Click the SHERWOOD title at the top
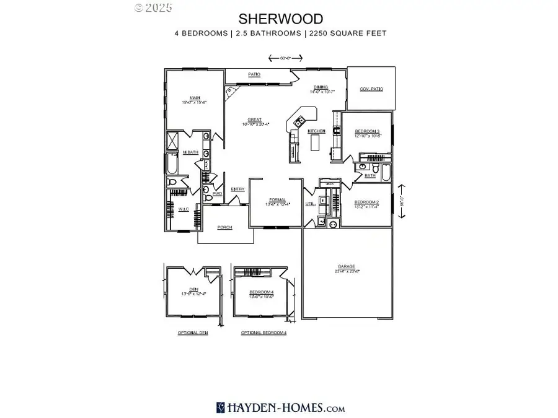(x=279, y=19)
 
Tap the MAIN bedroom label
(x=194, y=97)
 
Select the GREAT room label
(x=254, y=120)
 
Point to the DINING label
(x=320, y=88)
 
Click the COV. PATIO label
(x=371, y=89)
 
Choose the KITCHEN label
(x=317, y=131)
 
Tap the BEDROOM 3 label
(x=367, y=131)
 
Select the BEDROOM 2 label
(x=366, y=202)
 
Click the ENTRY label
(x=237, y=189)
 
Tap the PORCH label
(x=224, y=227)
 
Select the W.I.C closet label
(x=184, y=209)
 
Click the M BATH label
(x=190, y=152)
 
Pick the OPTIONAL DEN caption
(x=193, y=333)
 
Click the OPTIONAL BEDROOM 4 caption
(x=264, y=333)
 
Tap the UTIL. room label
(x=311, y=203)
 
